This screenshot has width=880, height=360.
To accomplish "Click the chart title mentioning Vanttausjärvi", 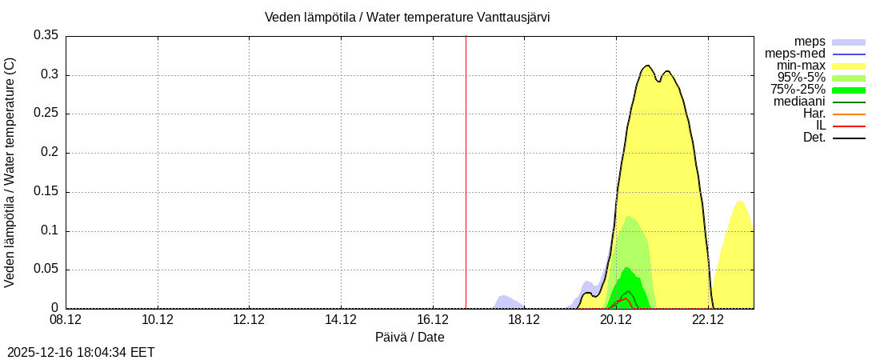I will tap(407, 17).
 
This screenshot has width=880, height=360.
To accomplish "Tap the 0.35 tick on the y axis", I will tap(46, 35).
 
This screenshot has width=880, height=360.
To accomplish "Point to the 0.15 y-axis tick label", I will tap(46, 192).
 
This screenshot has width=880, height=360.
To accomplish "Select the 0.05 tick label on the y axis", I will tap(46, 270).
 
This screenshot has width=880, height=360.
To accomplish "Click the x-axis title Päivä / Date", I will tap(410, 338).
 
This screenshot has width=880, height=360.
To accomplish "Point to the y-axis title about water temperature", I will tap(10, 172).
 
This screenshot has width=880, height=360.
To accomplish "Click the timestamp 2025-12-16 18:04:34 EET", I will tap(81, 352).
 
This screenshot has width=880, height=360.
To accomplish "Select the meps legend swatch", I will tap(849, 42).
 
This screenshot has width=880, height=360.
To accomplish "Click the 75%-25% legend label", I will tap(798, 90).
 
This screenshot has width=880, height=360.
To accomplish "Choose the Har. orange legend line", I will tap(849, 114).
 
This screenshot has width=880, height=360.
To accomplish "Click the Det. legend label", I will tap(814, 138).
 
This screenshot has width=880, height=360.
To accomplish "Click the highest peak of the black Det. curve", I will tap(647, 66).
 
